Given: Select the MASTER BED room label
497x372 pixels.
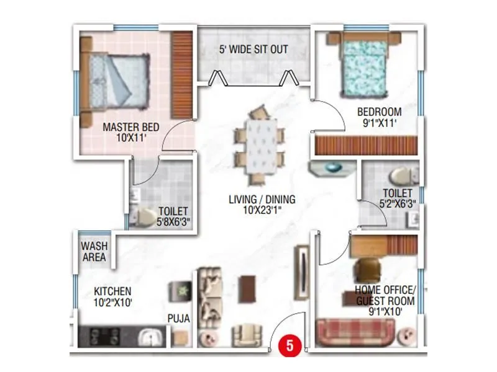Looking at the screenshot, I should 130,132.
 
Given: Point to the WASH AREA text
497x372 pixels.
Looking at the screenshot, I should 94,251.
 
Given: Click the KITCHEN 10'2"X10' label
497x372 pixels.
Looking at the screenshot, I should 112,296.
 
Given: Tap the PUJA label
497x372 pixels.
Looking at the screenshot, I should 178,319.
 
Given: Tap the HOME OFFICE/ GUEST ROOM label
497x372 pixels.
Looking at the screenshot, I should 384,296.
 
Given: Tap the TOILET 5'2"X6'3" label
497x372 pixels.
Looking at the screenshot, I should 397,198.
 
